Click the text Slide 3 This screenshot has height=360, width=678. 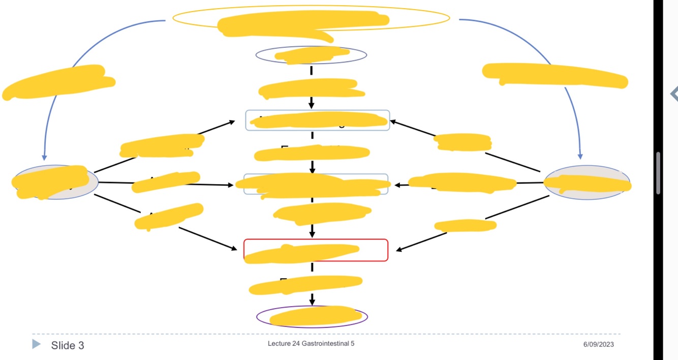pyautogui.click(x=67, y=346)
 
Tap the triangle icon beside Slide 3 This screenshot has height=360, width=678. pyautogui.click(x=36, y=344)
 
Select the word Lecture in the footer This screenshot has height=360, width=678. pyautogui.click(x=279, y=344)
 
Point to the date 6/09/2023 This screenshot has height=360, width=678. pyautogui.click(x=598, y=344)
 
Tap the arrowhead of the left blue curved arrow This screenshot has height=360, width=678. pyautogui.click(x=44, y=157)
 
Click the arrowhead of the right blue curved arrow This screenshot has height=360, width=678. pyautogui.click(x=580, y=157)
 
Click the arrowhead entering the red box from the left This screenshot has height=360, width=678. pyautogui.click(x=234, y=249)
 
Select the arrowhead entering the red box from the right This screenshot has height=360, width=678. pyautogui.click(x=399, y=249)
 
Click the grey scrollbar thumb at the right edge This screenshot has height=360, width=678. pyautogui.click(x=658, y=173)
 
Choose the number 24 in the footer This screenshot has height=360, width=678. pyautogui.click(x=296, y=344)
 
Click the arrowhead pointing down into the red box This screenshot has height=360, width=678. pyautogui.click(x=312, y=234)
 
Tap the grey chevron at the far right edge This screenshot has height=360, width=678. pyautogui.click(x=674, y=94)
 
